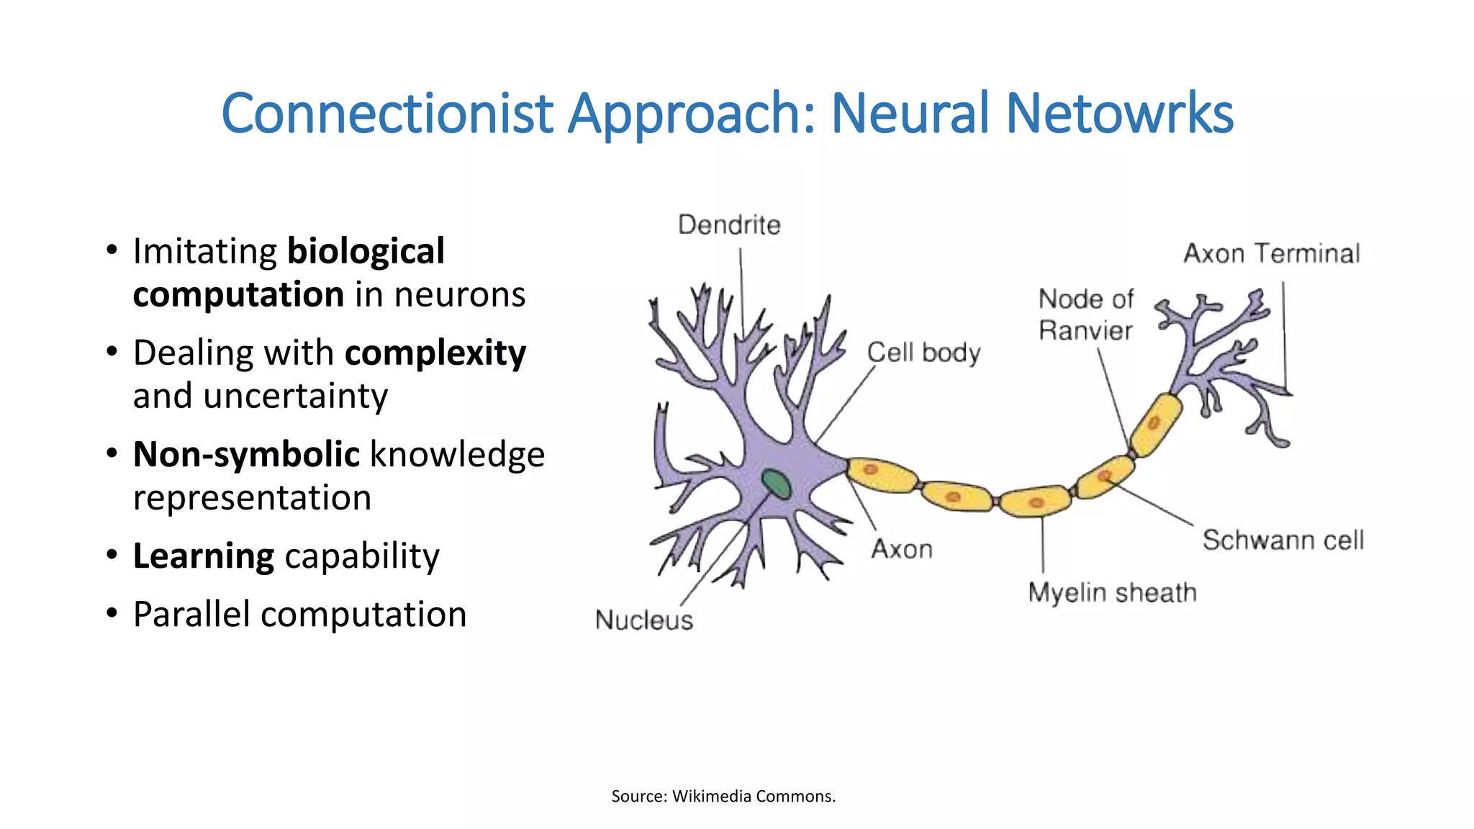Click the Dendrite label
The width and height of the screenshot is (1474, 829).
tap(729, 225)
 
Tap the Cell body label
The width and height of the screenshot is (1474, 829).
tap(923, 353)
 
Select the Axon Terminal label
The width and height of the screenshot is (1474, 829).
tap(1272, 253)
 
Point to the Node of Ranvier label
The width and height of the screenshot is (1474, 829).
tap(1086, 314)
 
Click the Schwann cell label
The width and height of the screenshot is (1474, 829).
tap(1283, 540)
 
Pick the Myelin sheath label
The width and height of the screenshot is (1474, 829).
tap(1112, 593)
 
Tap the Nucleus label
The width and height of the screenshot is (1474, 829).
tap(644, 620)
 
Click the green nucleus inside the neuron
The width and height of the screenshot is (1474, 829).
tap(777, 484)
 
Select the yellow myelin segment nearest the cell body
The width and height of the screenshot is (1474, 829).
tap(881, 475)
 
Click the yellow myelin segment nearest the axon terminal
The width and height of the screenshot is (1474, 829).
tap(1156, 425)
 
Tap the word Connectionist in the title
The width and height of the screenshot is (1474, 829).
tap(387, 114)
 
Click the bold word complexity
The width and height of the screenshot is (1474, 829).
tap(435, 353)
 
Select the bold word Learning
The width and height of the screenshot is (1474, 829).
tap(204, 556)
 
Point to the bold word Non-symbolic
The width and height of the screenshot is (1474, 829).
tap(246, 455)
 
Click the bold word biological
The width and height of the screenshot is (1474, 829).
tap(366, 252)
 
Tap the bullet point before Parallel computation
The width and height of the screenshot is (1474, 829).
tap(112, 614)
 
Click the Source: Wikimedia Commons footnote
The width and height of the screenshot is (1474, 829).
tap(723, 796)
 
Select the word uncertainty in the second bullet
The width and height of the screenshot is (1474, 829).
tap(296, 397)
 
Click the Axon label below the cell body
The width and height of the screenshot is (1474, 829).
tap(902, 550)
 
